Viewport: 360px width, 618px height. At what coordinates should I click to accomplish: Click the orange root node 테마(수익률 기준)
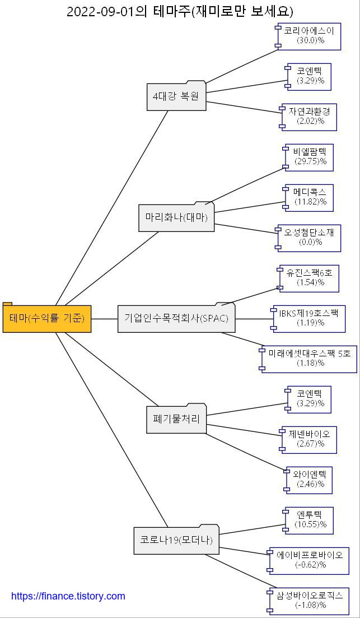click(47, 319)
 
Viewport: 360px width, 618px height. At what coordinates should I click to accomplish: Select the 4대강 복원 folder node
click(176, 96)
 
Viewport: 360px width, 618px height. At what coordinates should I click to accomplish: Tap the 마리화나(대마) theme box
click(176, 218)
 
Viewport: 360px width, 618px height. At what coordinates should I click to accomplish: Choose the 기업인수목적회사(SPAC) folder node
click(176, 319)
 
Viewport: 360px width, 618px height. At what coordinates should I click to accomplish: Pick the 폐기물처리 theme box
click(176, 419)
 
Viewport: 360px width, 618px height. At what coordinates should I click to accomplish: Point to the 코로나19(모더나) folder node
click(176, 541)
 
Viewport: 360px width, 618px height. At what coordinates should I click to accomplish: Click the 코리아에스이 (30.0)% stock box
click(309, 35)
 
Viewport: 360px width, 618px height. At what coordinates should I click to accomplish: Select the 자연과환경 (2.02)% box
click(309, 116)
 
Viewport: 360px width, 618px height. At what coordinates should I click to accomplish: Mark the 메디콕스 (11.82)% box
click(310, 197)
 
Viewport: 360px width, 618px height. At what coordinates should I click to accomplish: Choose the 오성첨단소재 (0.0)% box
click(309, 237)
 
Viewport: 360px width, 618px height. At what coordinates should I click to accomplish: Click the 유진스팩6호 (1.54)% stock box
click(310, 277)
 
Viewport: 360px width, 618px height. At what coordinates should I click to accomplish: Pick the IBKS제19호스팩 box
click(308, 318)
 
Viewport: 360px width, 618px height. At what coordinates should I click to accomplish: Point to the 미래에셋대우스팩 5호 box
click(309, 358)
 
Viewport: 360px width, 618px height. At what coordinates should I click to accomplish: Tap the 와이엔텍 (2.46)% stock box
click(309, 479)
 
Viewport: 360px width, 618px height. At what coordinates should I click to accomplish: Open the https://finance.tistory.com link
click(68, 596)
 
